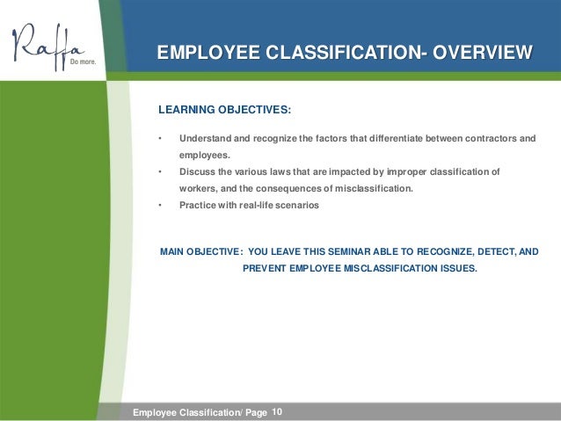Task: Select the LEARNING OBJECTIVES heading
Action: [x=223, y=112]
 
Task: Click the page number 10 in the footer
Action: [x=279, y=410]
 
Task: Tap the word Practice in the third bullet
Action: [x=200, y=206]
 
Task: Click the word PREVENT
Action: [x=265, y=269]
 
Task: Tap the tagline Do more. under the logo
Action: [x=84, y=62]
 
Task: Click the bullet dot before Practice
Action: [x=160, y=206]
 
